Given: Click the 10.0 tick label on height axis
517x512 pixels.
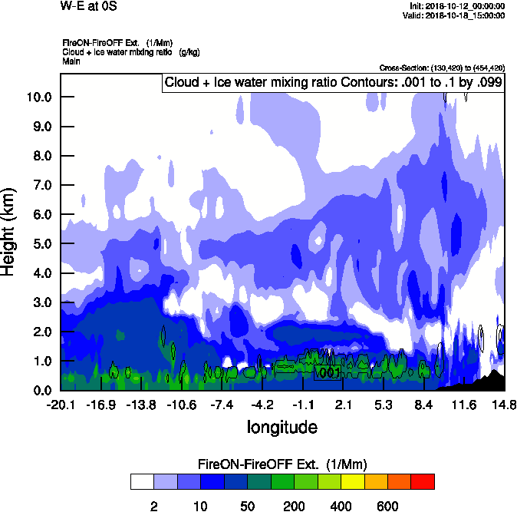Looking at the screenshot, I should pos(38,97).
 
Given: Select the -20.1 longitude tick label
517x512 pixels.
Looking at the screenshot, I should pos(61,404).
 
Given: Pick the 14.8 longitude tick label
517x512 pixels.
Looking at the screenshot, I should pos(503,404).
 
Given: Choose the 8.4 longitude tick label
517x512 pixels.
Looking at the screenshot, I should pos(423,404).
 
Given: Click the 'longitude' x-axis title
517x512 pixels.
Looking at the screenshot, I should pos(282,426).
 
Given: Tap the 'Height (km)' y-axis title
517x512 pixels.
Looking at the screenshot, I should pos(10,232).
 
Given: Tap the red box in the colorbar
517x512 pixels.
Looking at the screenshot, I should pos(423,481).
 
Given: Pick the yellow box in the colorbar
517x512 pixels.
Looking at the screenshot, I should pos(352,481).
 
